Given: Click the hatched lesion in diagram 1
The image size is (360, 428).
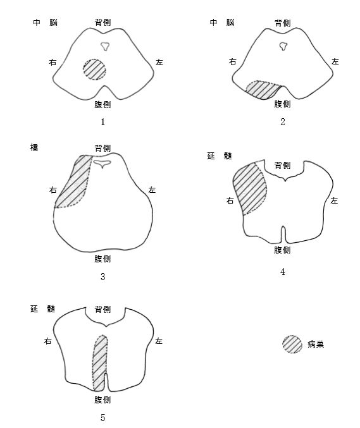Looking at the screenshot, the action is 94,70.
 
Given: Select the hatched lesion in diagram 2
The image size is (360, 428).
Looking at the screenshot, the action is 263,90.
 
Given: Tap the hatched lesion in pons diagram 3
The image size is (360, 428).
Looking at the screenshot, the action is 74,182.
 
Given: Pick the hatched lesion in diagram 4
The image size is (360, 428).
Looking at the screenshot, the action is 250,188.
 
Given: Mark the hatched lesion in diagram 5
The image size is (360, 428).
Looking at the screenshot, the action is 100,363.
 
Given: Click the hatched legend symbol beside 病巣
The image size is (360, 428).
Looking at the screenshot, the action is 292,344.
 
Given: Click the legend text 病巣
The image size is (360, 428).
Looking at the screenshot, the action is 316,344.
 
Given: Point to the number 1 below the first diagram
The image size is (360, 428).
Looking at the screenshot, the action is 102,122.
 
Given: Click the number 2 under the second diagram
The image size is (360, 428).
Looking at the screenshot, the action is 283,122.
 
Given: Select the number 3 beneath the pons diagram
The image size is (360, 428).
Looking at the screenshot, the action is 102,276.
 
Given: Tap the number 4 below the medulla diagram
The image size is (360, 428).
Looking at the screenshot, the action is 283,272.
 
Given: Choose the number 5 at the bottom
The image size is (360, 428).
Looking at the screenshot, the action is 102,418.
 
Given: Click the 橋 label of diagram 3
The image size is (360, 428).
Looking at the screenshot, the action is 34,148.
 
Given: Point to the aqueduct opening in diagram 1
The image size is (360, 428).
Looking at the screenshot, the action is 105,46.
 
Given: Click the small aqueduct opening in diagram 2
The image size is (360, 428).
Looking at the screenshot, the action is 284,46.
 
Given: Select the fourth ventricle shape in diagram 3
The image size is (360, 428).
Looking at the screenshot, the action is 102,163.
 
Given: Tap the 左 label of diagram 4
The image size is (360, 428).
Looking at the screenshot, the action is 334,200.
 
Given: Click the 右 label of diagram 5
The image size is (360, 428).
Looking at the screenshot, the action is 48,341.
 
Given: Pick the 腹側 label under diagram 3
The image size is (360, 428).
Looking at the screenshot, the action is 102,259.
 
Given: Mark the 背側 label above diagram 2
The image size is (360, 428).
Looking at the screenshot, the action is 283,23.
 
